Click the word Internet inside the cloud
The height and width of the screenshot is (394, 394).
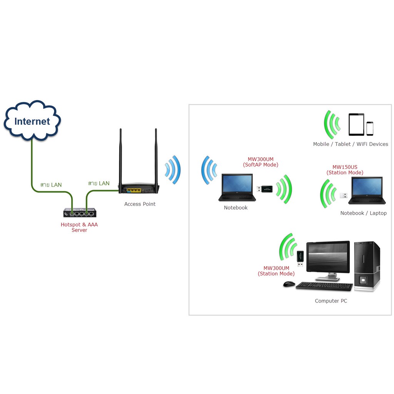click(x=32, y=122)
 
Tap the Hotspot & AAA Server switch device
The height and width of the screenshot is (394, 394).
click(x=80, y=212)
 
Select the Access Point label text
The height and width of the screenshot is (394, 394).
click(x=140, y=204)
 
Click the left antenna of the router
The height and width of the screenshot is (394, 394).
click(x=120, y=158)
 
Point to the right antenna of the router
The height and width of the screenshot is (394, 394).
click(x=156, y=158)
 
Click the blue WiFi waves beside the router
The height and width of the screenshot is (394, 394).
click(x=173, y=169)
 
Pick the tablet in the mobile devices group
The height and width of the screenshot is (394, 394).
click(x=356, y=124)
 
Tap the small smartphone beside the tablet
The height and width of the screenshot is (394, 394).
click(x=370, y=129)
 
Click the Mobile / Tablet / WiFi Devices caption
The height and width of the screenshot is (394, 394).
click(x=351, y=144)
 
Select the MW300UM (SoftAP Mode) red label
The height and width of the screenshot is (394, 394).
click(x=260, y=162)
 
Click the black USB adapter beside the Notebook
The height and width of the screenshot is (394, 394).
click(x=265, y=189)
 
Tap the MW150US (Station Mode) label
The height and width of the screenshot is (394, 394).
click(x=345, y=170)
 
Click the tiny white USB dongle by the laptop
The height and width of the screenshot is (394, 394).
click(x=343, y=195)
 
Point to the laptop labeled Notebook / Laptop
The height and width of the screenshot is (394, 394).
click(x=367, y=190)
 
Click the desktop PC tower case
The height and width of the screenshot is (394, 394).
click(x=367, y=265)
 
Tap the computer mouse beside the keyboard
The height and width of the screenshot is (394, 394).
click(x=289, y=284)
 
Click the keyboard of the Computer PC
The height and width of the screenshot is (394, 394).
click(x=324, y=286)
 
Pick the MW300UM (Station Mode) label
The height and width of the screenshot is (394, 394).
click(x=276, y=271)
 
